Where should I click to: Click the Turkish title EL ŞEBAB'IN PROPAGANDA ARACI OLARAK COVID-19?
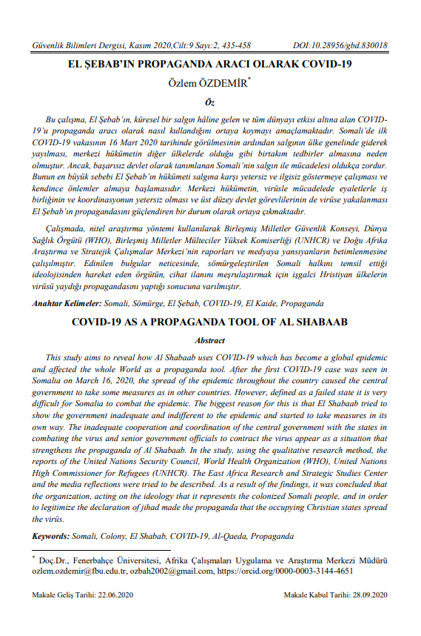point(210,64)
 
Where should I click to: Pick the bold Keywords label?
point(54,534)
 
